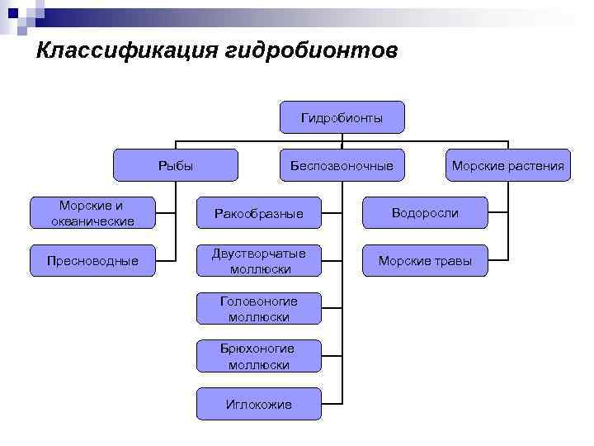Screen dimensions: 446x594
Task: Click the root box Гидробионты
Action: point(342,118)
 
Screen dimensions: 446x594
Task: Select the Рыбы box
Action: point(175,165)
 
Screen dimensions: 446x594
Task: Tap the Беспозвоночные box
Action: point(342,165)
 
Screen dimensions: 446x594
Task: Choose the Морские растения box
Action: point(507,165)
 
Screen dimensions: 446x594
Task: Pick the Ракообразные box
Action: point(258,214)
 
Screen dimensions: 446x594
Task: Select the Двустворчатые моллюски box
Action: point(258,261)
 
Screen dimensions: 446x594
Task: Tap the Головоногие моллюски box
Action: point(258,309)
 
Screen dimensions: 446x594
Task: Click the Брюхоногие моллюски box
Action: point(258,356)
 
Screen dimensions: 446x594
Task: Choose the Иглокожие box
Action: point(258,404)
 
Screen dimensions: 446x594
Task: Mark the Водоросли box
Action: point(425,213)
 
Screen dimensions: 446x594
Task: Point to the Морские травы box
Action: point(425,261)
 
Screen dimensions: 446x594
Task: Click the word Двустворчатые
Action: point(258,254)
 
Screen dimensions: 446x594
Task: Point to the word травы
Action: point(455,261)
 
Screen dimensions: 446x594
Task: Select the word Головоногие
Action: point(258,301)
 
